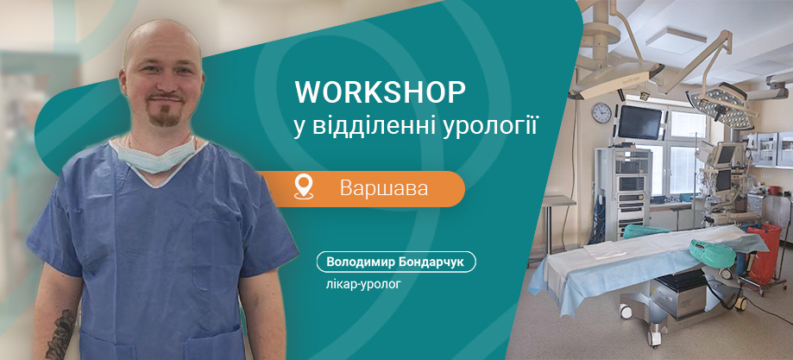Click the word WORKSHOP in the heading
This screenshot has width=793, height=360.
pyautogui.click(x=380, y=91)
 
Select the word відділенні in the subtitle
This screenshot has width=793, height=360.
pyautogui.click(x=373, y=125)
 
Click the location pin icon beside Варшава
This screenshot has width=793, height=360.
pyautogui.click(x=303, y=186)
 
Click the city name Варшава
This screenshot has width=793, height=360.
pyautogui.click(x=384, y=187)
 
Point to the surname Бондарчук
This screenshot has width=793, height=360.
pyautogui.click(x=431, y=262)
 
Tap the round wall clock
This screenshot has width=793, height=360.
pyautogui.click(x=601, y=113)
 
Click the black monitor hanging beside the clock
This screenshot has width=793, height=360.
pyautogui.click(x=640, y=122)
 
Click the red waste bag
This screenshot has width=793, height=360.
pyautogui.click(x=765, y=253)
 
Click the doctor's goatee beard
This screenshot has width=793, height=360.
pyautogui.click(x=160, y=113)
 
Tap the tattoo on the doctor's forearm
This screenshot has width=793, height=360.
pyautogui.click(x=62, y=338)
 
